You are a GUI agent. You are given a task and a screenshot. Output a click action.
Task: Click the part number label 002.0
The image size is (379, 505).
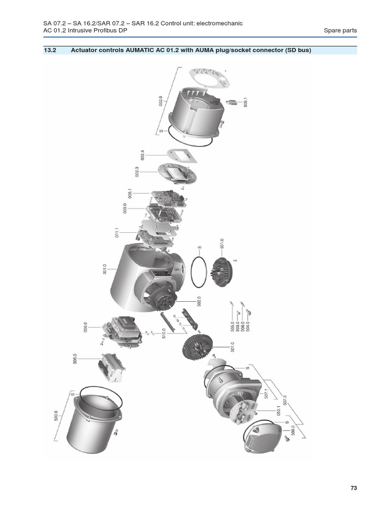tap(160, 101)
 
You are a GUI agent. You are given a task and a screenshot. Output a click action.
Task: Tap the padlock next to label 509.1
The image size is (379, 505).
tap(231, 103)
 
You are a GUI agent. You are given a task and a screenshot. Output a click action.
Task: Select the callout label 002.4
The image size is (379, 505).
tap(143, 155)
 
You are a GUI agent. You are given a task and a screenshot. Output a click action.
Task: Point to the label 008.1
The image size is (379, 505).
tap(130, 193)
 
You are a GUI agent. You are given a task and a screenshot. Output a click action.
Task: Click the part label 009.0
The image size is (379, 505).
tap(125, 208)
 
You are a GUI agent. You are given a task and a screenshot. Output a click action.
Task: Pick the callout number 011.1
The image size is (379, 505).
tap(117, 233)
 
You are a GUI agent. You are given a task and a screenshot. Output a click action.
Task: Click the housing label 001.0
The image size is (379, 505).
tap(105, 269)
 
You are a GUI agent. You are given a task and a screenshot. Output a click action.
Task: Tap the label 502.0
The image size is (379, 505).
tap(199, 301)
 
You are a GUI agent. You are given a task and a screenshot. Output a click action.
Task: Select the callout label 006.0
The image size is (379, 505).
tap(85, 327)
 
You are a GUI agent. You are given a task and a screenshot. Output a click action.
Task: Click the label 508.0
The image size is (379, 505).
tap(75, 359)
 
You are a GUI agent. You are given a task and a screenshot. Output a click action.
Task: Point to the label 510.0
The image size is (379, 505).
tap(164, 333)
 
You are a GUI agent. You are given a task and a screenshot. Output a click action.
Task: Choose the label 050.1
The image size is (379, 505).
tap(279, 411)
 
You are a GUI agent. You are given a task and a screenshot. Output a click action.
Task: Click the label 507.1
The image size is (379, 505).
tap(266, 394)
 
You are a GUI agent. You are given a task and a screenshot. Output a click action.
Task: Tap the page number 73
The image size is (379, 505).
tap(353, 488)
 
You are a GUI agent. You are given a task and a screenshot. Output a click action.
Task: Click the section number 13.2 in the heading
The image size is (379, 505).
tap(50, 50)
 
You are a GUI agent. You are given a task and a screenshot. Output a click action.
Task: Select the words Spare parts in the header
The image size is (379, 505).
tap(341, 31)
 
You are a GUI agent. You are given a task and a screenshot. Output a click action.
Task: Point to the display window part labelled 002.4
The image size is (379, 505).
tap(182, 156)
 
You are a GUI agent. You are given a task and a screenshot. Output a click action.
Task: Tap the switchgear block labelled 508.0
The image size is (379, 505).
tap(112, 367)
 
